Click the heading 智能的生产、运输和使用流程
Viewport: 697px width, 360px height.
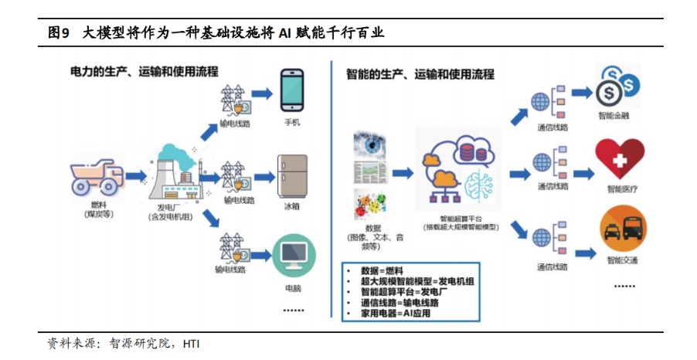click(x=421, y=74)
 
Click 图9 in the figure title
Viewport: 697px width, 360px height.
click(x=59, y=33)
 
